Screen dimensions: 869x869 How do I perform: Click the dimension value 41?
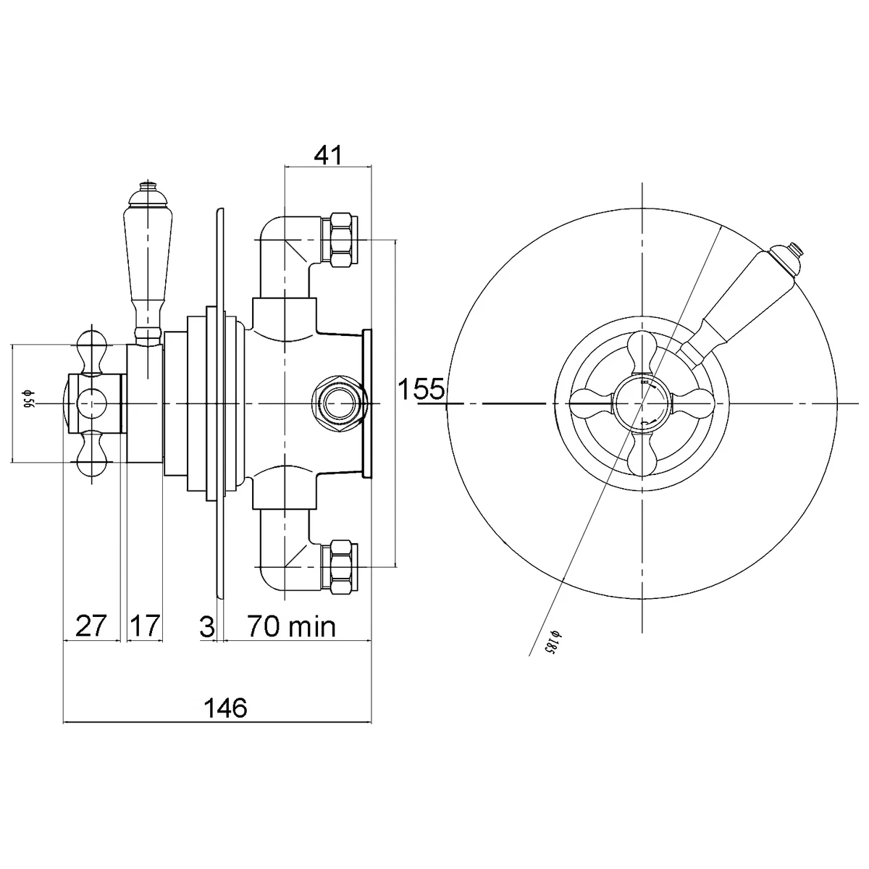point(328,155)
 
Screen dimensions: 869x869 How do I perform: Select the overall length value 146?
point(225,708)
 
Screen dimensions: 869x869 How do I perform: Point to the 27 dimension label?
point(91,625)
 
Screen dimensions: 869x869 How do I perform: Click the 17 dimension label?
point(145,625)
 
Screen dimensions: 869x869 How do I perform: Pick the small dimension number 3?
point(207,626)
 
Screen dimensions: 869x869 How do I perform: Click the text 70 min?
point(292,626)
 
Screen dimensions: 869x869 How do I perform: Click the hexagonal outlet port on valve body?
point(338,403)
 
